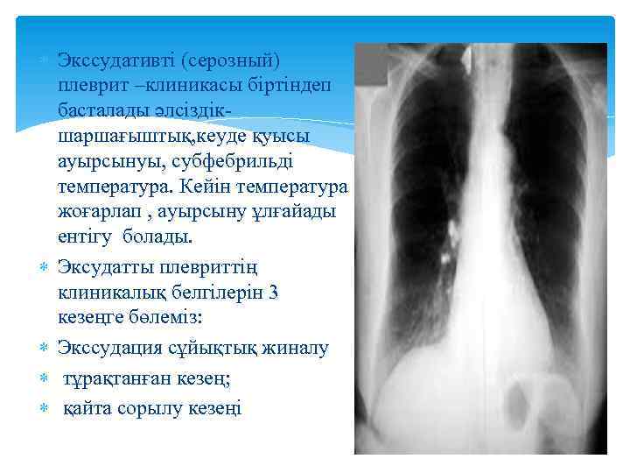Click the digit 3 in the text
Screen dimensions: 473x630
point(274,293)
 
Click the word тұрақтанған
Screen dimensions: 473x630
point(117,378)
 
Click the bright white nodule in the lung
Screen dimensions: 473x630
point(444,257)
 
